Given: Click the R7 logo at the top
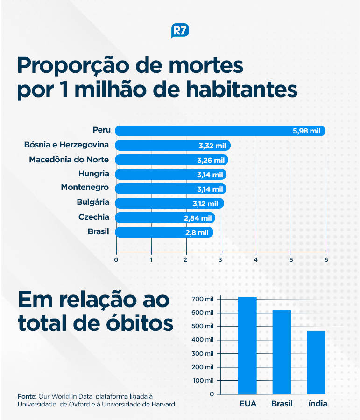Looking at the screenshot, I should click(x=180, y=31).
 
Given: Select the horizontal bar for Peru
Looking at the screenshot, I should click(x=219, y=131).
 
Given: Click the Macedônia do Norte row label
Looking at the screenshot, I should click(x=69, y=160).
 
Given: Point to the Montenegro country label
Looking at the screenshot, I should click(x=85, y=188).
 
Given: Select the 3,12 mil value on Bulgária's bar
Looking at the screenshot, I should click(x=205, y=203).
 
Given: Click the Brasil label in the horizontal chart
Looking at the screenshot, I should click(x=98, y=231).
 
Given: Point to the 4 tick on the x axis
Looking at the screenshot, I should click(x=256, y=259).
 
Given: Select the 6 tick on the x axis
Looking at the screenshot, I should click(x=326, y=259).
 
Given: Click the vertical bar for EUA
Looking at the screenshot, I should click(x=247, y=345).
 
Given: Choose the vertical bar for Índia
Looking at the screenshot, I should click(x=316, y=362).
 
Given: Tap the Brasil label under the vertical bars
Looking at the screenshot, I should click(x=282, y=404).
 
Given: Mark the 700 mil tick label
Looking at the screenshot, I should click(x=202, y=299).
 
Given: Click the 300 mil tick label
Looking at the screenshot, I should click(x=202, y=353).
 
